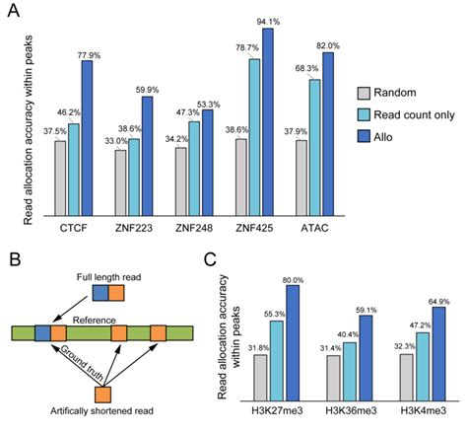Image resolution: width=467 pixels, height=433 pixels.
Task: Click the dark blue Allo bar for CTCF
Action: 88,138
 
